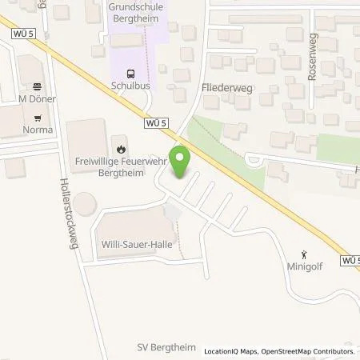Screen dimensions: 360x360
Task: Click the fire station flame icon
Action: coord(121,148)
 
